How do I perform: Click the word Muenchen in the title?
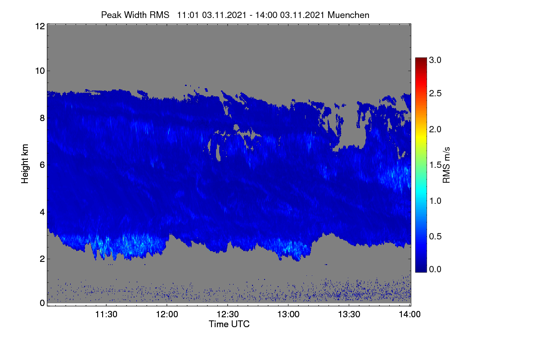pyautogui.click(x=348, y=15)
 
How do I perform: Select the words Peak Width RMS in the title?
pyautogui.click(x=135, y=15)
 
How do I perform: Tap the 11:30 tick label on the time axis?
pyautogui.click(x=106, y=314)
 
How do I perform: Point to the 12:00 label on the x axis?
pyautogui.click(x=167, y=314)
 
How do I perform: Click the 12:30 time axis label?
pyautogui.click(x=228, y=314)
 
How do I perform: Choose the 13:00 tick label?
pyautogui.click(x=288, y=314)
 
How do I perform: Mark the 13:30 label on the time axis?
pyautogui.click(x=349, y=314)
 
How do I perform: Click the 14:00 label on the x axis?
pyautogui.click(x=409, y=314)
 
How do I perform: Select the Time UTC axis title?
pyautogui.click(x=229, y=324)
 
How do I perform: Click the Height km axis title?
pyautogui.click(x=25, y=164)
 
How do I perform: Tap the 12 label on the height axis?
pyautogui.click(x=40, y=26)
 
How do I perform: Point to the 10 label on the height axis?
pyautogui.click(x=40, y=71)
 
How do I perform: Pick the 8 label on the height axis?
pyautogui.click(x=42, y=118)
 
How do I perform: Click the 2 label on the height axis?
pyautogui.click(x=42, y=259)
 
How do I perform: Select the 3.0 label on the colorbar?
pyautogui.click(x=435, y=60)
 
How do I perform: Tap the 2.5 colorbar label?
pyautogui.click(x=435, y=93)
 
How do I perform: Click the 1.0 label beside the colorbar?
pyautogui.click(x=435, y=201)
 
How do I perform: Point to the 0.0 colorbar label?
pyautogui.click(x=435, y=269)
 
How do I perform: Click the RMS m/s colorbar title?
pyautogui.click(x=446, y=165)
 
